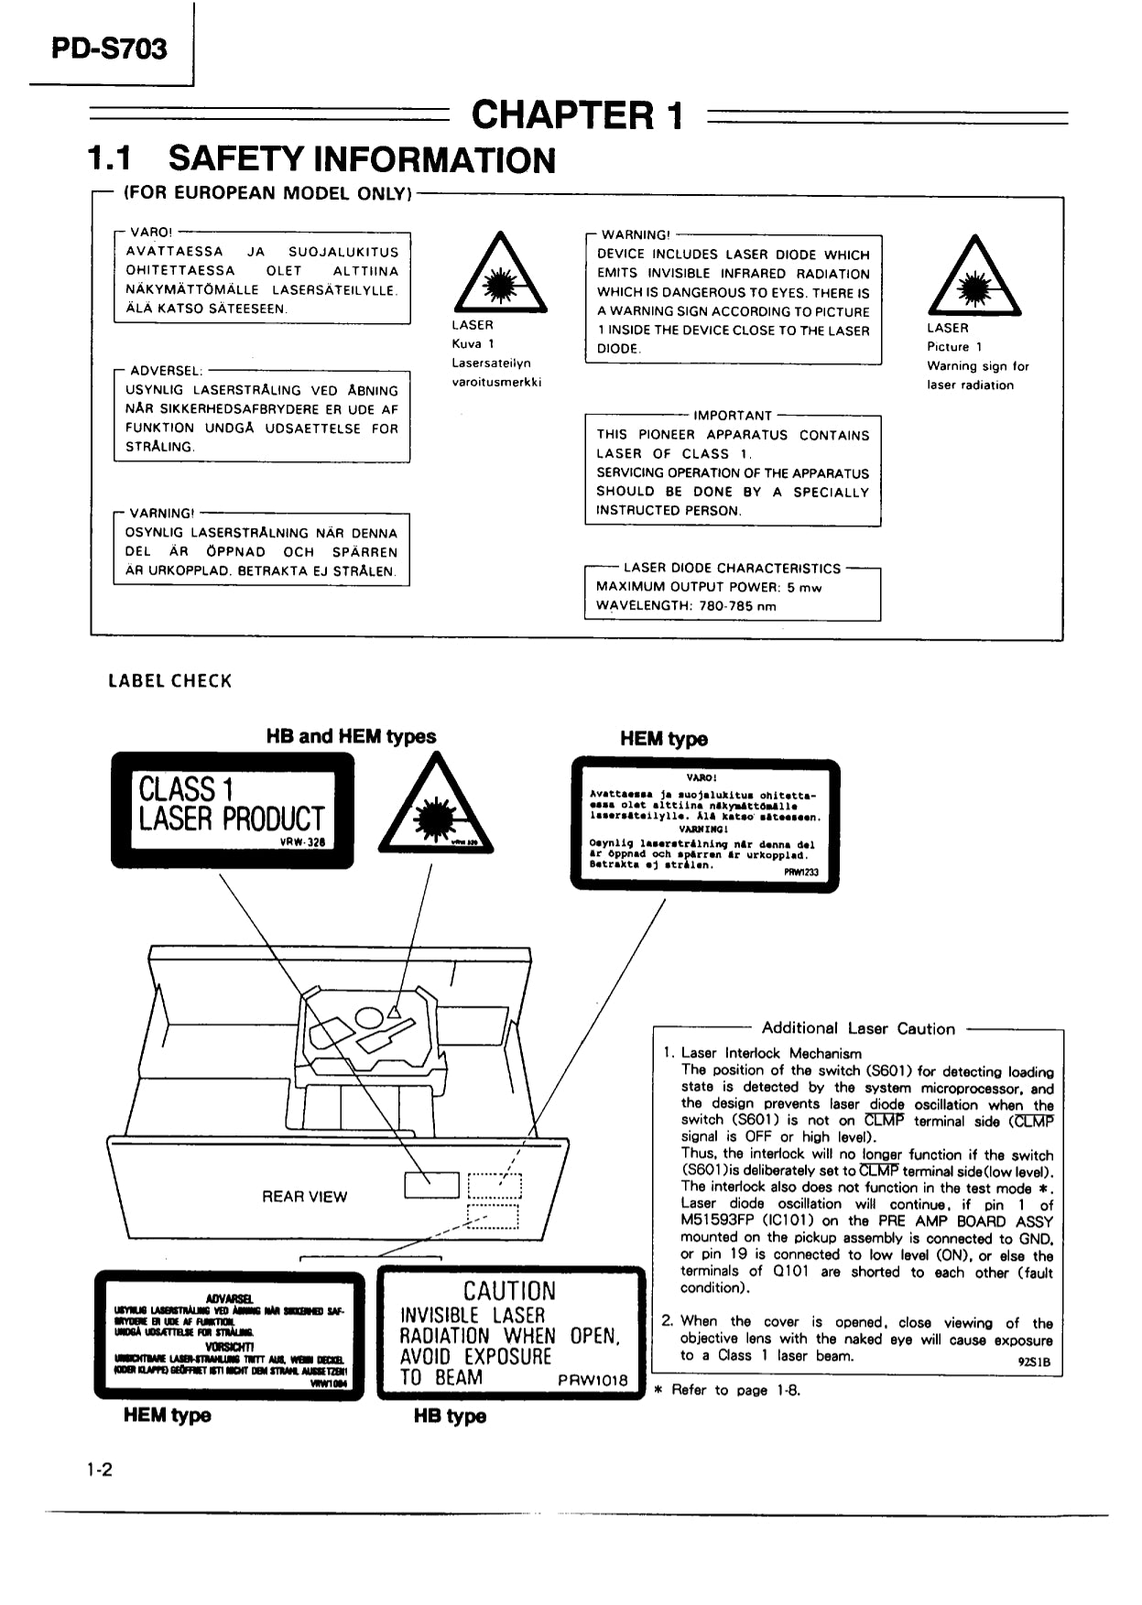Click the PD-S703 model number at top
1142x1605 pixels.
click(109, 48)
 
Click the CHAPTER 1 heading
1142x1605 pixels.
click(577, 115)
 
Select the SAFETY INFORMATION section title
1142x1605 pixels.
click(362, 159)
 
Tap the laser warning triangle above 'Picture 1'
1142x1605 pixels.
click(973, 276)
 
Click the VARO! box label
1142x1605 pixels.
click(151, 232)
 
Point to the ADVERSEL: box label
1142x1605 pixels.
click(166, 371)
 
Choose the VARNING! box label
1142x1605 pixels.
click(162, 513)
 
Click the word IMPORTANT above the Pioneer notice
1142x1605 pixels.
click(733, 415)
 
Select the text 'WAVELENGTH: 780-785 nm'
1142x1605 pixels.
click(686, 606)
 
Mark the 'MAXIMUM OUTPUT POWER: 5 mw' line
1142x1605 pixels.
click(709, 587)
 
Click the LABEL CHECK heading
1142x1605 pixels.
click(170, 681)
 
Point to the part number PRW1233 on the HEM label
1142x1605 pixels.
click(801, 873)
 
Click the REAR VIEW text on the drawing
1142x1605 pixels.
click(304, 1197)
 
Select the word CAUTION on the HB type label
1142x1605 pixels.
click(509, 1291)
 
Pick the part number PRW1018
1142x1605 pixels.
click(593, 1380)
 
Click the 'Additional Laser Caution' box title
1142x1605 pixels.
click(858, 1028)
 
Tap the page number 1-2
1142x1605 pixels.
click(99, 1470)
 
